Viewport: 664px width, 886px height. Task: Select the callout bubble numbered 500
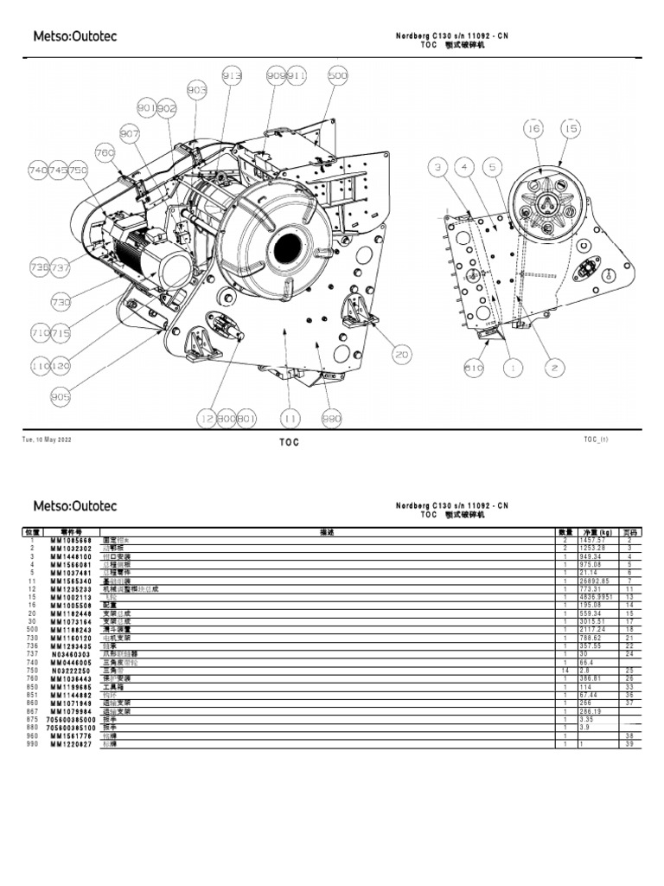337,75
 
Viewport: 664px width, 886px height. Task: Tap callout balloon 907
130,134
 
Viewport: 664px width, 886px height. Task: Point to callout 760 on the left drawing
105,153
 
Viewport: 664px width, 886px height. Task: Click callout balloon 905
61,398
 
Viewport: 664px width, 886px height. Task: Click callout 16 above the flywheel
533,128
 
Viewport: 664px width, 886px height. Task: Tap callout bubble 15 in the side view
570,128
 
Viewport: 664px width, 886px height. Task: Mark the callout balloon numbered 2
552,368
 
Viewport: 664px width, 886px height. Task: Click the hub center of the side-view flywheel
547,203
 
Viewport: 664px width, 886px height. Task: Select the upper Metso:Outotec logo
74,36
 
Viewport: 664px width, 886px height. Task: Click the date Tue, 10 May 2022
47,440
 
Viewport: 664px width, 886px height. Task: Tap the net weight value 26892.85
597,581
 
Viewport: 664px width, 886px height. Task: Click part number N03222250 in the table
70,671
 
